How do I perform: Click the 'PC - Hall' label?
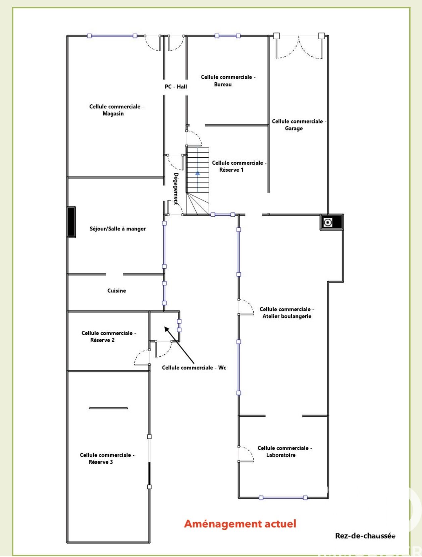pyautogui.click(x=176, y=87)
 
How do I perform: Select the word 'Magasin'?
pyautogui.click(x=113, y=113)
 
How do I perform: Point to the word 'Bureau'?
pyautogui.click(x=223, y=84)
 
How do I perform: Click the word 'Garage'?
pyautogui.click(x=294, y=128)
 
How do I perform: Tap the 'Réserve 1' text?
pyautogui.click(x=231, y=170)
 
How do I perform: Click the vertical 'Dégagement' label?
pyautogui.click(x=176, y=189)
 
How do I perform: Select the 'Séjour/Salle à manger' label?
pyautogui.click(x=118, y=229)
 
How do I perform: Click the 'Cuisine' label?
pyautogui.click(x=116, y=291)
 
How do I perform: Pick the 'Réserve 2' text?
pyautogui.click(x=102, y=340)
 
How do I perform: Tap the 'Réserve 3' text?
pyautogui.click(x=101, y=462)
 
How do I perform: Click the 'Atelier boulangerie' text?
pyautogui.click(x=287, y=316)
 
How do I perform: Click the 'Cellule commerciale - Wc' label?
pyautogui.click(x=194, y=367)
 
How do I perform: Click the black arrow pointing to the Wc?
pyautogui.click(x=179, y=345)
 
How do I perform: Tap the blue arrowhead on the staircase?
pyautogui.click(x=198, y=173)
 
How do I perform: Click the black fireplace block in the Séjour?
pyautogui.click(x=71, y=222)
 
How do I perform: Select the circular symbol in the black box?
pyautogui.click(x=328, y=222)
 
